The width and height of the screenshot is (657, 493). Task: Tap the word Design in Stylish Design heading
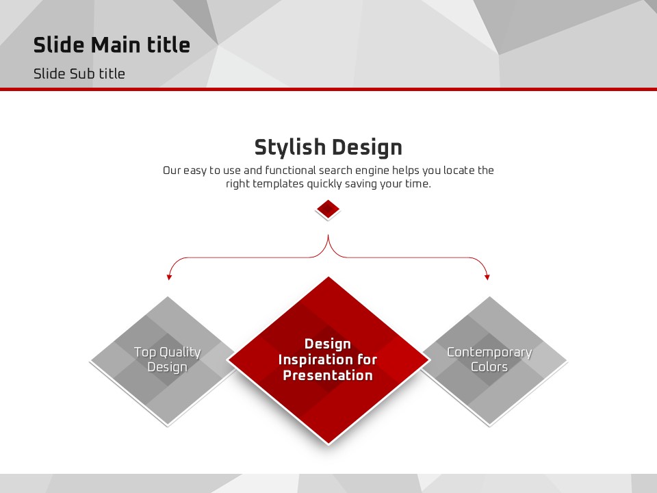tap(368, 148)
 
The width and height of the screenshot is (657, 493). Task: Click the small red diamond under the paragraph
tap(328, 208)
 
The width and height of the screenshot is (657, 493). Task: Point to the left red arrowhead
tap(169, 277)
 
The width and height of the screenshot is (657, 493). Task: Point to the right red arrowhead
tap(487, 277)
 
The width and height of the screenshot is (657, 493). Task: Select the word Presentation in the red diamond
tap(328, 375)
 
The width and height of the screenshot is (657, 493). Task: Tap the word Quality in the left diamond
tap(180, 353)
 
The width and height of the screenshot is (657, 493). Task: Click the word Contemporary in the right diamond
tap(489, 353)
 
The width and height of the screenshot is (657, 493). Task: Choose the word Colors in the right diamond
tap(489, 367)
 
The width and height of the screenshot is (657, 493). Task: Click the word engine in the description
tap(374, 170)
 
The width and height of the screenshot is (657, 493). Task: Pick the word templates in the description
tap(278, 184)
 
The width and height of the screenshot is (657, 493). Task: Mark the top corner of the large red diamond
tap(328, 277)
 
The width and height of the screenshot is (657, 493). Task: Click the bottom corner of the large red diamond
tap(328, 443)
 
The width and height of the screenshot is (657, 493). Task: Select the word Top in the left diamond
tap(145, 353)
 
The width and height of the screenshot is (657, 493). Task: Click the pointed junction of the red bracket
tap(328, 235)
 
